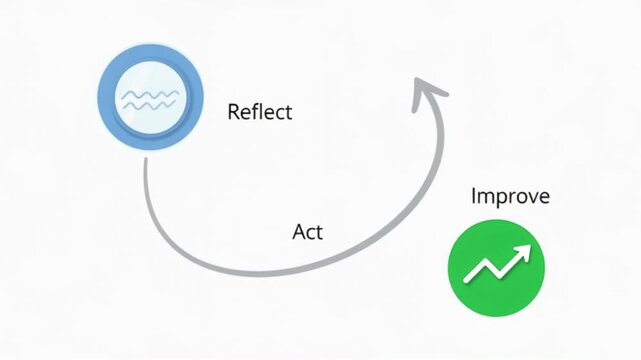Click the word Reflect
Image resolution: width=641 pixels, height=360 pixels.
pos(260,111)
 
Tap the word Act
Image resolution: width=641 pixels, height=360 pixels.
pos(307,232)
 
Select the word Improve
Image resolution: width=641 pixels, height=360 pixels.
pos(510,196)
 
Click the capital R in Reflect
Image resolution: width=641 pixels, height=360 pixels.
pos(234,111)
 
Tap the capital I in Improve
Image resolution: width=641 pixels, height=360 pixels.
pos(473,196)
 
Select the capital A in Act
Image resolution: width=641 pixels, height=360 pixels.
pos(298,232)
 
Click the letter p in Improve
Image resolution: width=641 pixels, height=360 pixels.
pos(498,198)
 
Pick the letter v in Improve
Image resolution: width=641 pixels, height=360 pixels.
pos(530,197)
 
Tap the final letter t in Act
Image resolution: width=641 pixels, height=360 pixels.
pos(319,232)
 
